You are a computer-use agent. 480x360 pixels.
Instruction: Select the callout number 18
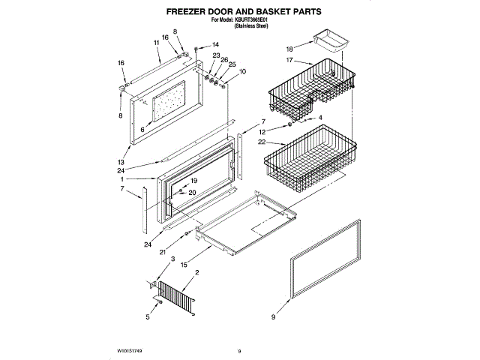tap(289, 46)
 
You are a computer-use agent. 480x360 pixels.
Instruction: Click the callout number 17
tap(289, 61)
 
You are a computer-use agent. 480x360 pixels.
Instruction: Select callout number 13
tap(120, 162)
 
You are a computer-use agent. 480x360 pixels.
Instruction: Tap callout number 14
tap(214, 45)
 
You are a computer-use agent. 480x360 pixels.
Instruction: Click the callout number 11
tap(157, 43)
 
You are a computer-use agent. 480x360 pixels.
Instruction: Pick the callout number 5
tap(148, 317)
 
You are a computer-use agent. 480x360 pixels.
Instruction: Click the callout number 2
tap(196, 271)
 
